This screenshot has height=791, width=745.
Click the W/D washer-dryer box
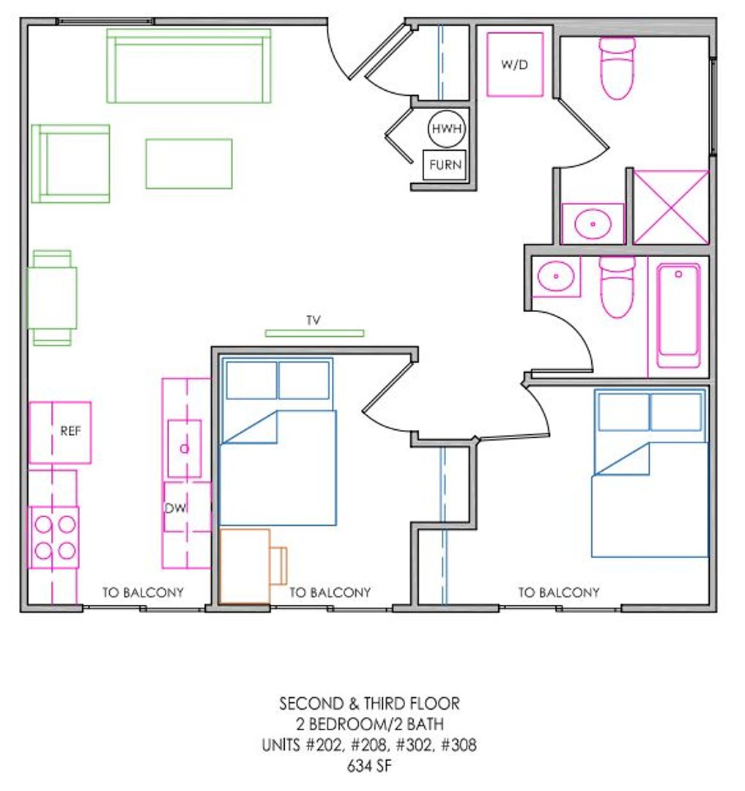coord(514,64)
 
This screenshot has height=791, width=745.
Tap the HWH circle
coord(446,129)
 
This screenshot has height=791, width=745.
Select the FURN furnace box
coord(445,165)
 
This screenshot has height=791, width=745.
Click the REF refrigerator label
coord(70,431)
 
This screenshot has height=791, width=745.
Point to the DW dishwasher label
coord(175,508)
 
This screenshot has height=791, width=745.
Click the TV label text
coord(314,320)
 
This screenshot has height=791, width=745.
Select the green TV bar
coord(314,333)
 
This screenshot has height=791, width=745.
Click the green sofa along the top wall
coord(189,66)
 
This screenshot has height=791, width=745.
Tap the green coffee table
coord(189,164)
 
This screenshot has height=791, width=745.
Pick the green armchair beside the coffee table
coord(70,164)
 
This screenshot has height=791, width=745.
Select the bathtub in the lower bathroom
coord(678,316)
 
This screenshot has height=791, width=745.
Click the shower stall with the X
coord(671,207)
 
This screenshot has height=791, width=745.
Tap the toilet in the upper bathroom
coord(618,67)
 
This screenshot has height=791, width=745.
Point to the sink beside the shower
coord(593,223)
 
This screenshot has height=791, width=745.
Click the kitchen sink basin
coord(185,448)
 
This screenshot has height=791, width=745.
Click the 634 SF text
coord(369,766)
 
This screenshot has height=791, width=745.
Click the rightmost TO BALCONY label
coord(559,593)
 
